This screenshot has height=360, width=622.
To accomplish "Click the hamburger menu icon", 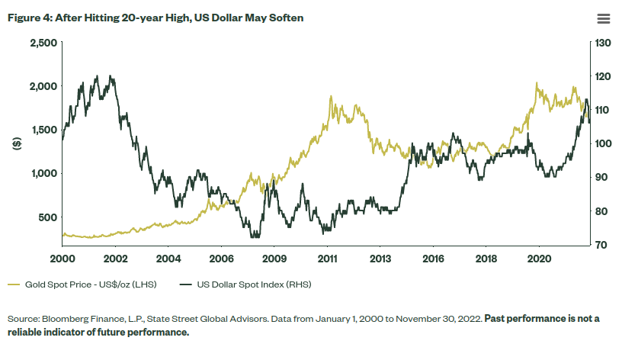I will pyautogui.click(x=603, y=18).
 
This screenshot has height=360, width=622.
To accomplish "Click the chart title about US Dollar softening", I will pyautogui.click(x=155, y=18).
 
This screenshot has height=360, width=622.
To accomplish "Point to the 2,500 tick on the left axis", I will pyautogui.click(x=43, y=43).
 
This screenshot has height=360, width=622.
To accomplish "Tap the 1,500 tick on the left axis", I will pyautogui.click(x=43, y=130).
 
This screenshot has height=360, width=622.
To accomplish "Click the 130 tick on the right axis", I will pyautogui.click(x=604, y=43).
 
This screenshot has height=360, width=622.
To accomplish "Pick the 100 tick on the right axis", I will pyautogui.click(x=604, y=143).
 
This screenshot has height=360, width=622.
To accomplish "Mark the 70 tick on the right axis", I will pyautogui.click(x=601, y=245).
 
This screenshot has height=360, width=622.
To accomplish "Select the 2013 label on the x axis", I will pyautogui.click(x=380, y=260).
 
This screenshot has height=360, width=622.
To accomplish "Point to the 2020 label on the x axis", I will pyautogui.click(x=539, y=260).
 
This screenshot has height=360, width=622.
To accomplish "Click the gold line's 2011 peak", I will pyautogui.click(x=330, y=97).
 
